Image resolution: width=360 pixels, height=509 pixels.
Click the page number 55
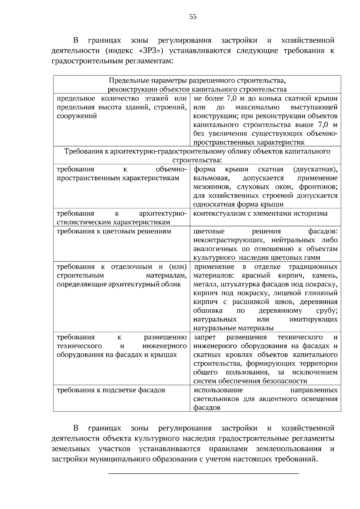click(193, 17)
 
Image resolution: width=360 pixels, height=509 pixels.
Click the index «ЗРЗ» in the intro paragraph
click(151, 51)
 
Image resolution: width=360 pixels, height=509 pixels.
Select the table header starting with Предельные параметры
click(197, 85)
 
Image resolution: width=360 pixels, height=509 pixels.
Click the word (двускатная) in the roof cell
click(315, 169)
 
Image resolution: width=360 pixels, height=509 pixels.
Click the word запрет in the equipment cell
click(205, 337)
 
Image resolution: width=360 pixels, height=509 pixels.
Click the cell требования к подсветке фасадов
click(111, 390)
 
